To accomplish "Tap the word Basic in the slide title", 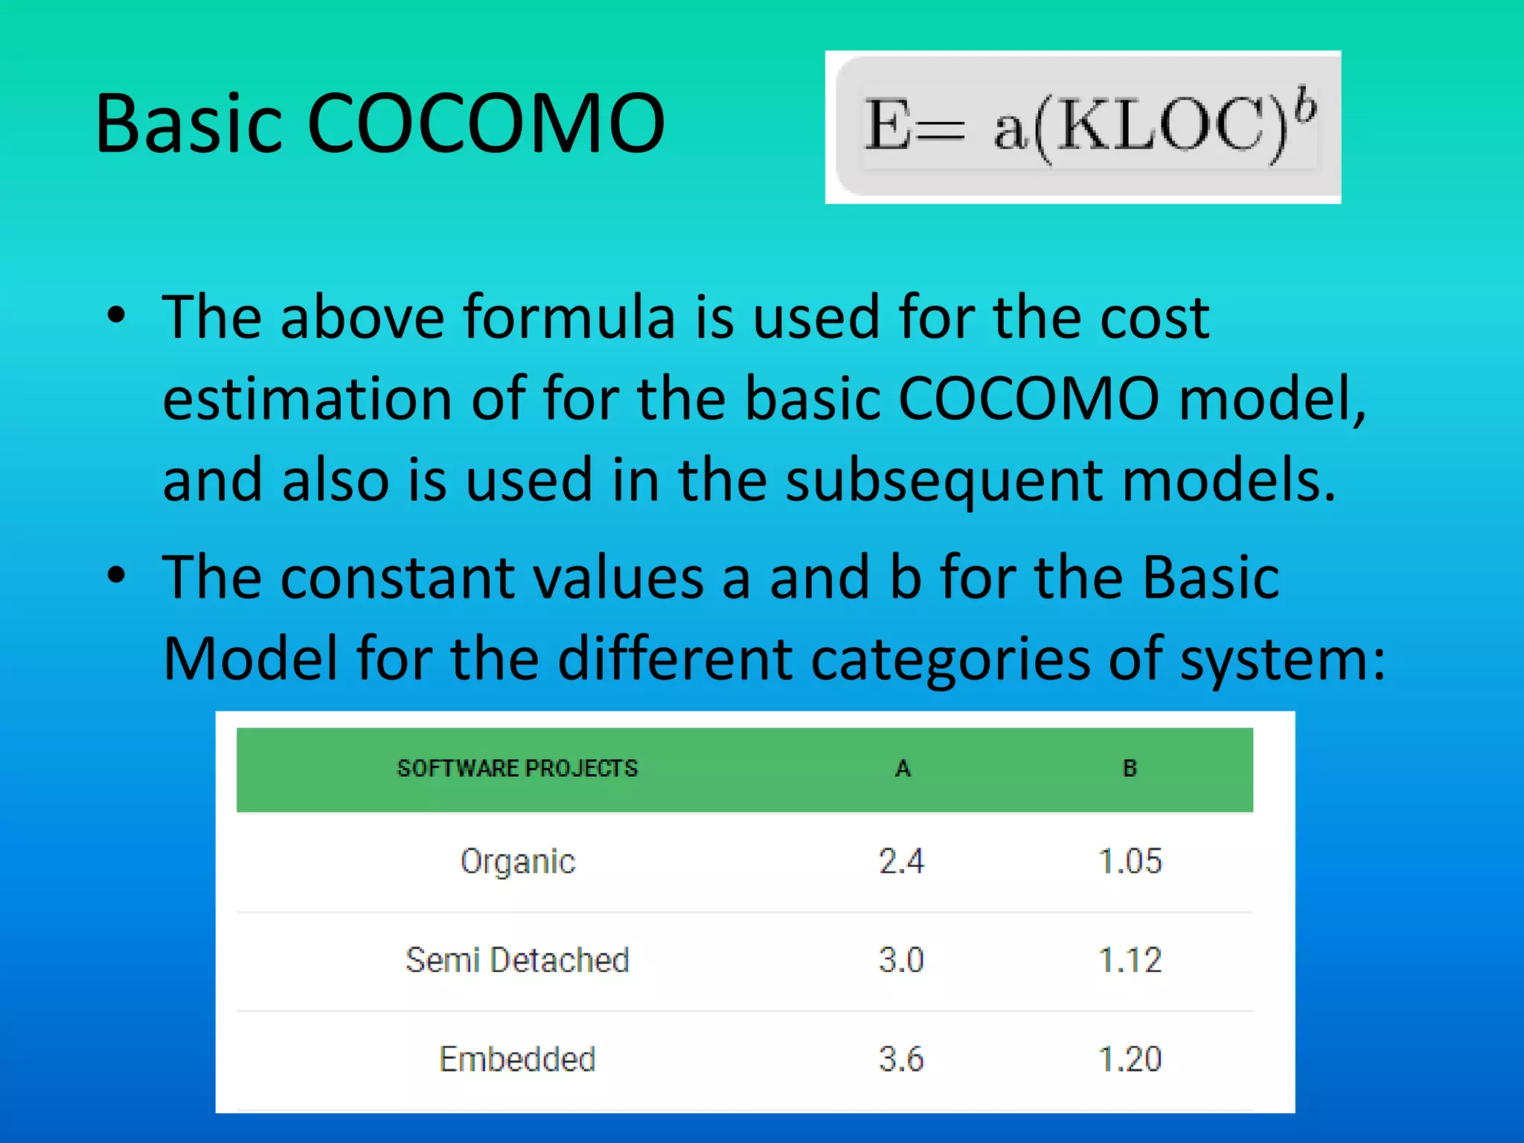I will [x=190, y=124].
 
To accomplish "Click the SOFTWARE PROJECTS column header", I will [x=518, y=769].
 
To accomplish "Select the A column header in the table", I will [x=903, y=769].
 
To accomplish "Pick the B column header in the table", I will [x=1130, y=769].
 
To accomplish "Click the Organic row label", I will [x=518, y=862].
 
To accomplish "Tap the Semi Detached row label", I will [x=518, y=960].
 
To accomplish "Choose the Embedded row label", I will [x=518, y=1059].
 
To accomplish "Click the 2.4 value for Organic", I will [x=901, y=862].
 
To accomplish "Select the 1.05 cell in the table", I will [x=1130, y=862].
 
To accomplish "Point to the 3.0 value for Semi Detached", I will [x=901, y=960].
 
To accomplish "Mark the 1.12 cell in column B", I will [x=1130, y=960].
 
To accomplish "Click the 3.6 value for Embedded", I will [x=901, y=1059].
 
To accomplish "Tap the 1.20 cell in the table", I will [x=1130, y=1059].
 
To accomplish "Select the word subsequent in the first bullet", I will [x=944, y=481].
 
